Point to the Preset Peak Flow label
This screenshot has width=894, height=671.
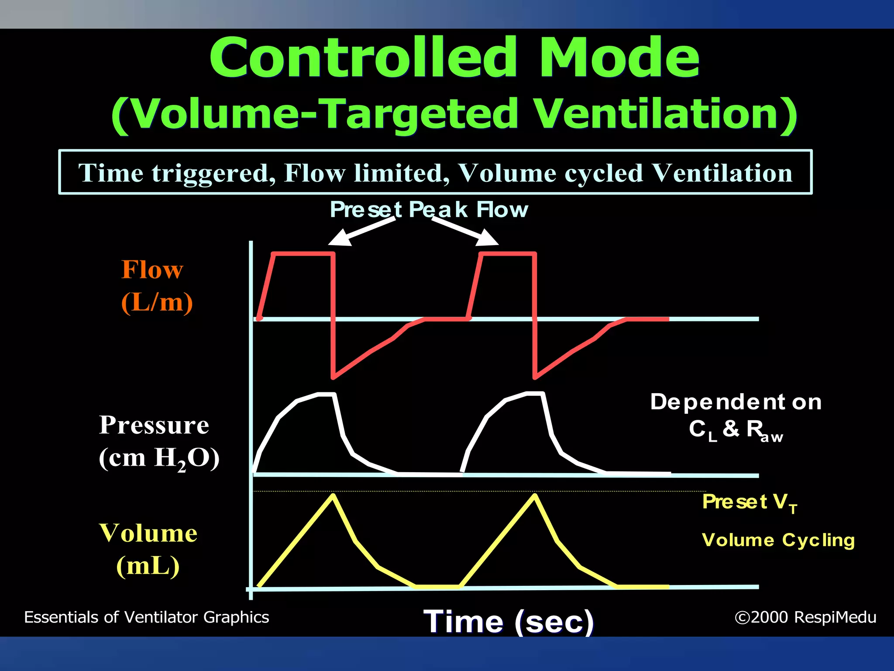429,209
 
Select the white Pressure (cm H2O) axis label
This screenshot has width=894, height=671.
158,441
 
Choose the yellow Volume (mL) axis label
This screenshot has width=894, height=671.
148,549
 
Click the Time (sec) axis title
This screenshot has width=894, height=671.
509,621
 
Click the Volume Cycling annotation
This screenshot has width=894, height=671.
778,540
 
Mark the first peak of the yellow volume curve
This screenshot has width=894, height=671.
333,495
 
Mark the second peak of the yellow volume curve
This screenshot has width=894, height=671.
535,495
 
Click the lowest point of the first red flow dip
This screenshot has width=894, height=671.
334,377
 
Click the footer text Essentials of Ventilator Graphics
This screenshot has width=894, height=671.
147,617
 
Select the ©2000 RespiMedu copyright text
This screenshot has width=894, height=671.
805,617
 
